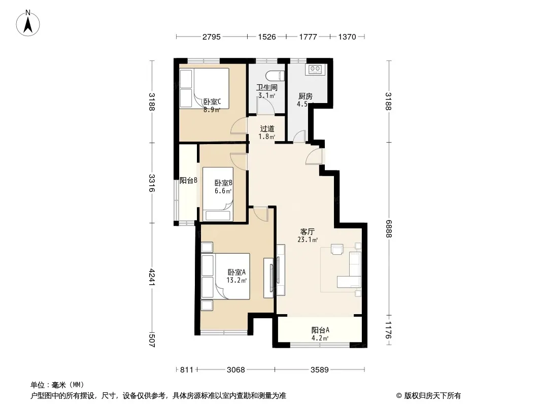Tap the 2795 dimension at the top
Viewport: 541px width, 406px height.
(211, 37)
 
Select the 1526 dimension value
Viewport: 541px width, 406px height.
(267, 37)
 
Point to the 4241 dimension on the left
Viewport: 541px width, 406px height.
(152, 273)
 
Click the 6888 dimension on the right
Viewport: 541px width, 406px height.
(389, 229)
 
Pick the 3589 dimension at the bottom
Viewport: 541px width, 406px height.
(320, 370)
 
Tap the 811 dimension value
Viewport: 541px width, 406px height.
(187, 370)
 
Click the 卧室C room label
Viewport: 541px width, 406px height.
(212, 102)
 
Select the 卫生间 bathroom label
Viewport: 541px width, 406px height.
(267, 87)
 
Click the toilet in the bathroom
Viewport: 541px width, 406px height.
(276, 75)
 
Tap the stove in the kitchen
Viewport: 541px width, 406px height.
(316, 69)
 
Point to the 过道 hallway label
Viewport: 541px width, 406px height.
(267, 129)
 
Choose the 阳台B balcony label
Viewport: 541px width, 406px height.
(188, 180)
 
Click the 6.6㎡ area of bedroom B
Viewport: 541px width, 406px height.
(223, 191)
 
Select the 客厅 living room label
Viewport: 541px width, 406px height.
(307, 231)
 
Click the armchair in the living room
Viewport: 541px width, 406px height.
(337, 249)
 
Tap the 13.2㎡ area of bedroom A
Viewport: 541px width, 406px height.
(236, 280)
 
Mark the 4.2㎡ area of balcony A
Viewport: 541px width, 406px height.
(320, 338)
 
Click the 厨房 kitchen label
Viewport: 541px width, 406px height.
(306, 96)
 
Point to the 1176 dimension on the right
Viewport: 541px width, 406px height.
(389, 330)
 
